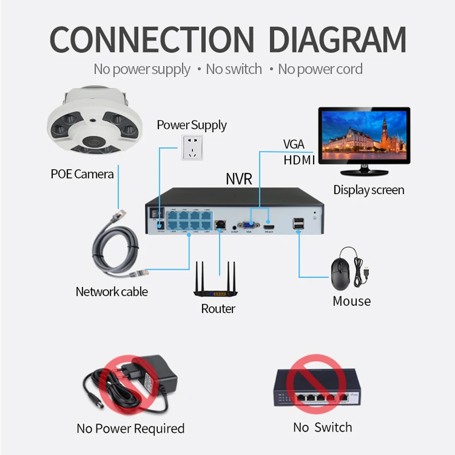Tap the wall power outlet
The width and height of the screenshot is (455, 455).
tap(192, 147)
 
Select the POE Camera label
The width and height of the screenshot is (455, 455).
tap(82, 173)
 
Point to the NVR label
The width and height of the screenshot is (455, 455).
tap(238, 178)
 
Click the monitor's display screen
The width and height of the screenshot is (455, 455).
tap(364, 133)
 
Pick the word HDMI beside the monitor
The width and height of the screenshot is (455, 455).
tap(299, 160)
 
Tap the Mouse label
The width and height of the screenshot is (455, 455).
tap(351, 301)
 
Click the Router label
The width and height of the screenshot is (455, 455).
tap(218, 308)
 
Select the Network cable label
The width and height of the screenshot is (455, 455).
tap(111, 291)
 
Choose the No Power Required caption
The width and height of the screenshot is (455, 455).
tap(130, 428)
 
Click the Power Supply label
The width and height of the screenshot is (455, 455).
tap(192, 125)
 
